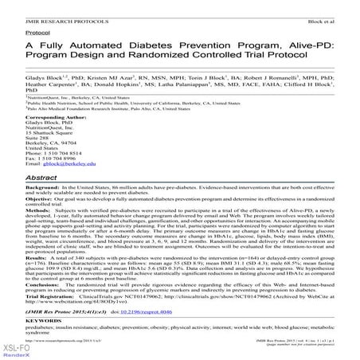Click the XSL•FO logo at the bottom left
point(16,348)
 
